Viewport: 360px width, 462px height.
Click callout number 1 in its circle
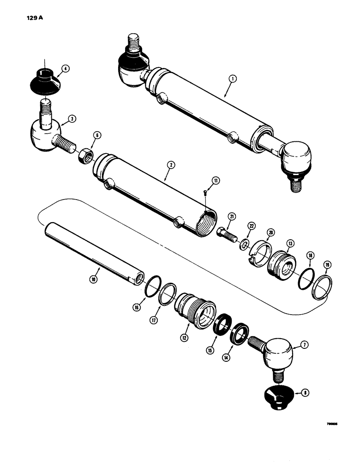pos(232,79)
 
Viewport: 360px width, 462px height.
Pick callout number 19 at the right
pos(327,265)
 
